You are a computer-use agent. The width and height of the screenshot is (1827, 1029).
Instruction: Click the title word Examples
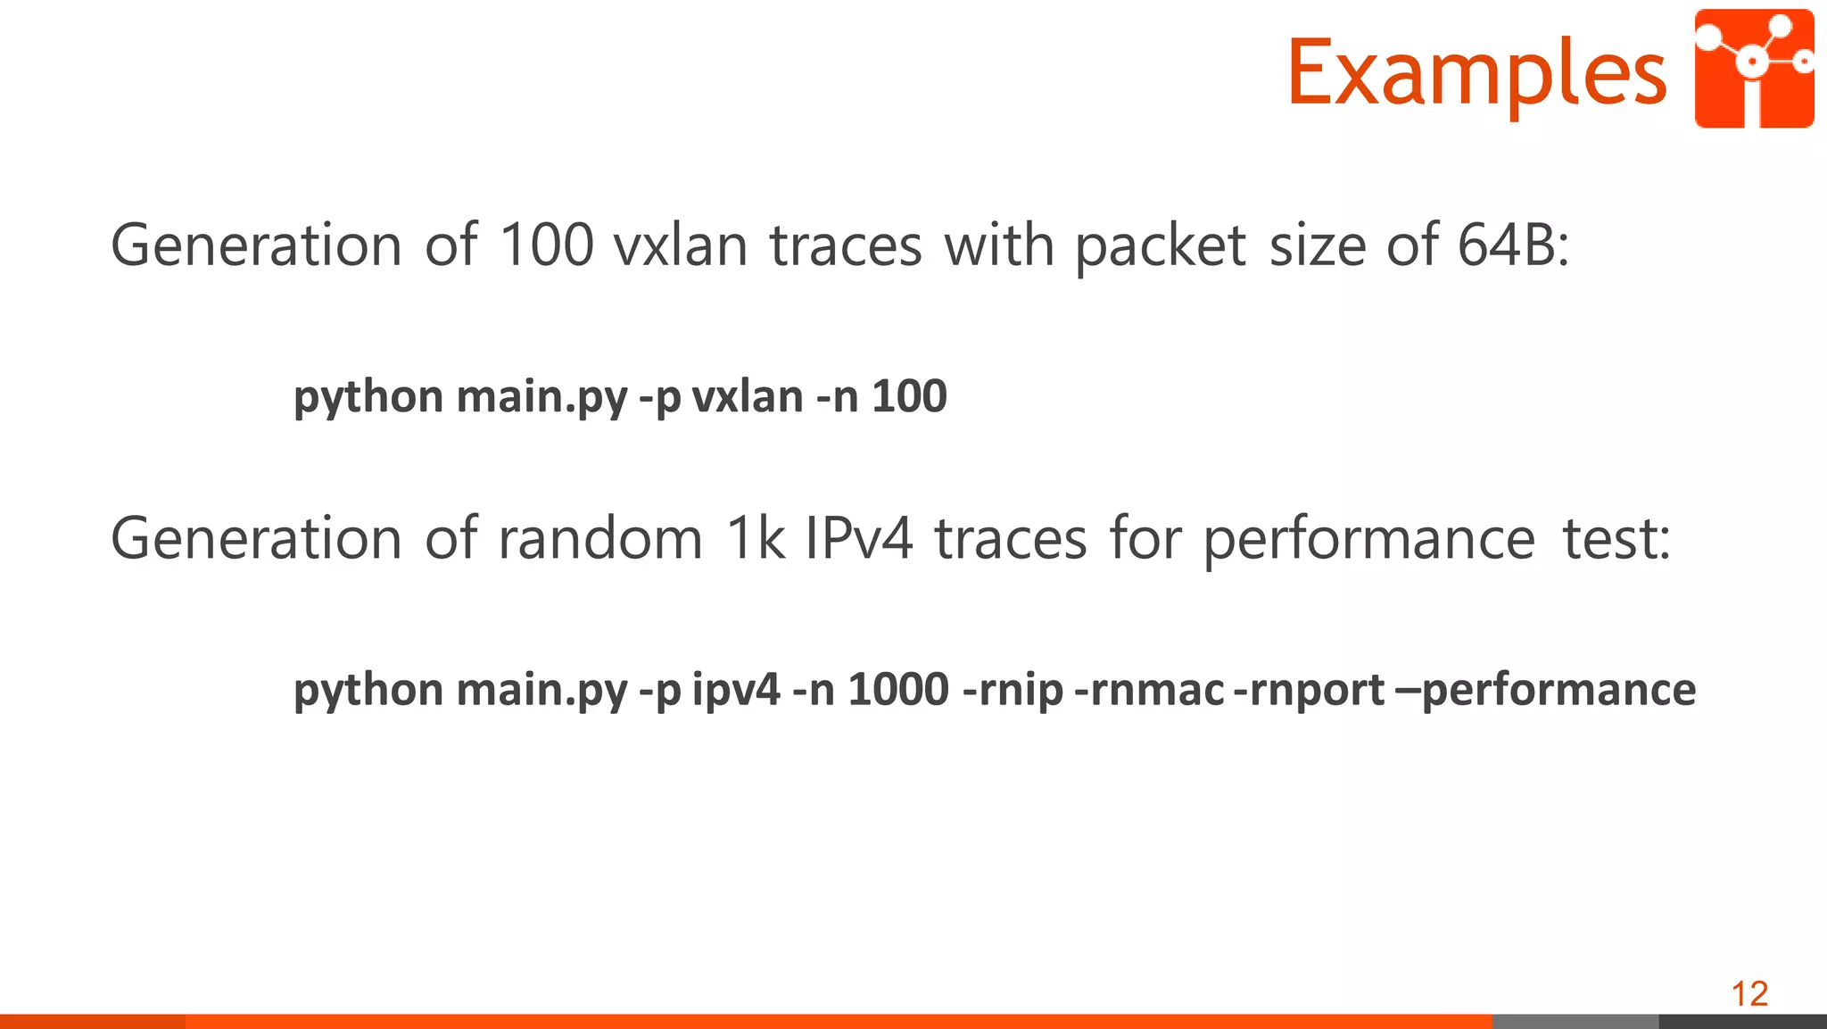(x=1476, y=73)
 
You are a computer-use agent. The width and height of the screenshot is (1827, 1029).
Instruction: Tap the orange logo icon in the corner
(x=1754, y=69)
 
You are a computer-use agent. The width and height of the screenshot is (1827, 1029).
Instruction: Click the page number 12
(x=1749, y=993)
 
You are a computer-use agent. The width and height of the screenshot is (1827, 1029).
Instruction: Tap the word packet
(x=1160, y=247)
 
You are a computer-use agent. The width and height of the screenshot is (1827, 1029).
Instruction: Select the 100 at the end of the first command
(x=909, y=396)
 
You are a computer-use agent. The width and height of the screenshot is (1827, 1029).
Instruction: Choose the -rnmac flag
(x=1150, y=690)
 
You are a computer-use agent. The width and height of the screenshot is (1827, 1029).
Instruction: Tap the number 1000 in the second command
(x=897, y=690)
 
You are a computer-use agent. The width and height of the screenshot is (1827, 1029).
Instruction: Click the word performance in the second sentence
(x=1369, y=540)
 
